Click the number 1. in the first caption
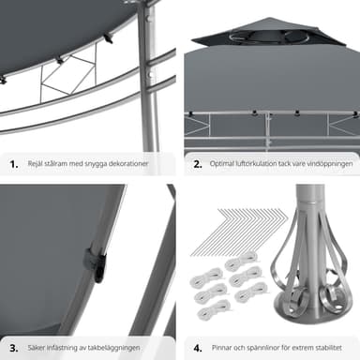pyautogui.click(x=14, y=164)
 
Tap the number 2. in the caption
pyautogui.click(x=198, y=164)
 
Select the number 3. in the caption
pyautogui.click(x=14, y=348)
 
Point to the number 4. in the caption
pyautogui.click(x=198, y=348)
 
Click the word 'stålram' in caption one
pyautogui.click(x=55, y=164)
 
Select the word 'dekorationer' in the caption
pyautogui.click(x=128, y=164)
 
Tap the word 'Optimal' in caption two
pyautogui.click(x=222, y=164)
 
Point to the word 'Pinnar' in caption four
pyautogui.click(x=221, y=348)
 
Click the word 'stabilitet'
pyautogui.click(x=328, y=348)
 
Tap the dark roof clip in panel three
pyautogui.click(x=96, y=262)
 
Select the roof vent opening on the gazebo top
pyautogui.click(x=268, y=36)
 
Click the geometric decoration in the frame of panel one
pyautogui.click(x=68, y=76)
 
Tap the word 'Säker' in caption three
pyautogui.click(x=36, y=348)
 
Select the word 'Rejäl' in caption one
pyautogui.click(x=36, y=164)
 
